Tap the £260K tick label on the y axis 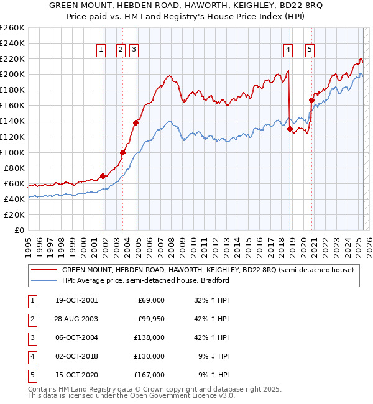click(12, 28)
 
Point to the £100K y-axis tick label click(12, 152)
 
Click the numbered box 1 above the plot click(100, 51)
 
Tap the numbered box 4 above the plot click(288, 51)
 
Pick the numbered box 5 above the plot click(310, 51)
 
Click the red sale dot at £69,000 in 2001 click(103, 176)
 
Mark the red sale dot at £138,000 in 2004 click(136, 122)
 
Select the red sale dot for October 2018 click(290, 129)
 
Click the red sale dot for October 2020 click(311, 99)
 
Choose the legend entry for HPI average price click(146, 280)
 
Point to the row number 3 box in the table click(31, 337)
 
